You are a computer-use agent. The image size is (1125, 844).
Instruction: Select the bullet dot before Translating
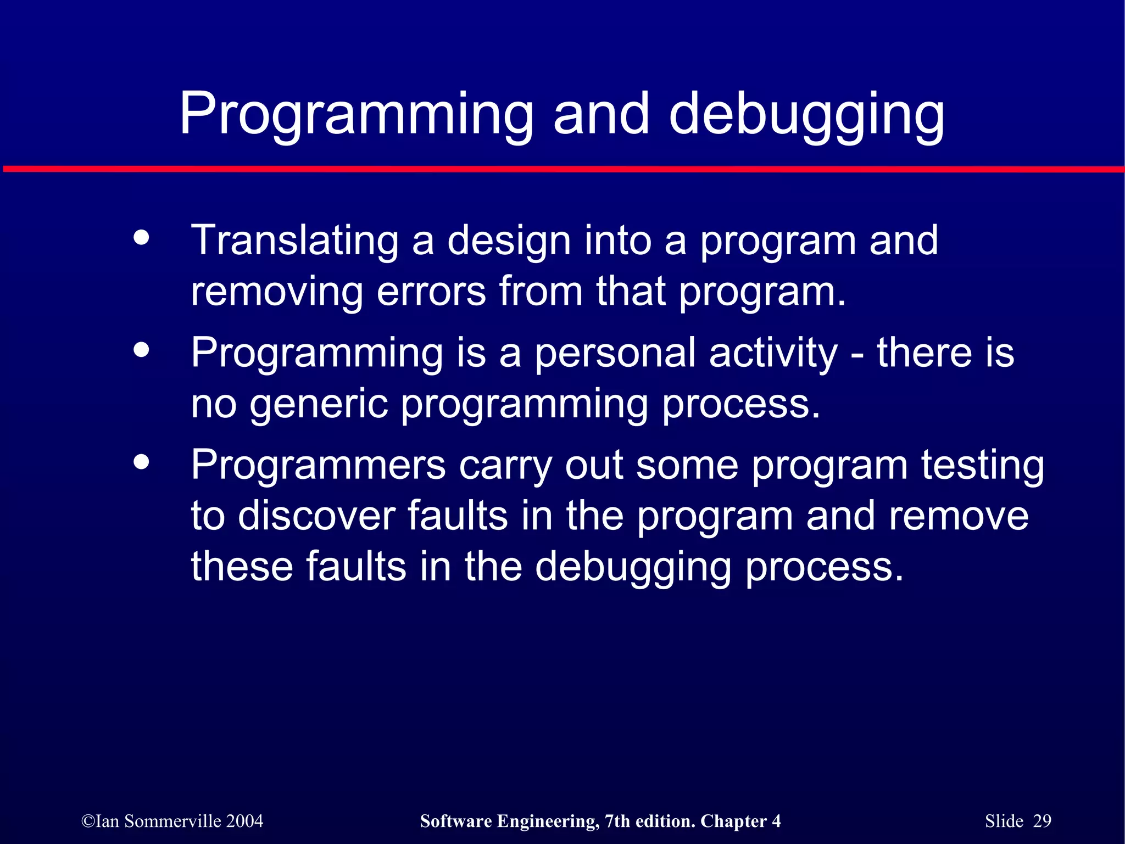tap(141, 238)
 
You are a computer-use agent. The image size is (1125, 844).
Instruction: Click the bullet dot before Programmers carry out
tap(141, 462)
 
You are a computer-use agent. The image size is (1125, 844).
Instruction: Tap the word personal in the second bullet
tap(615, 353)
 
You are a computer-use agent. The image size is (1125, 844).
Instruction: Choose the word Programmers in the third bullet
tap(318, 465)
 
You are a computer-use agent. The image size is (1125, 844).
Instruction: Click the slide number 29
tap(1042, 821)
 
